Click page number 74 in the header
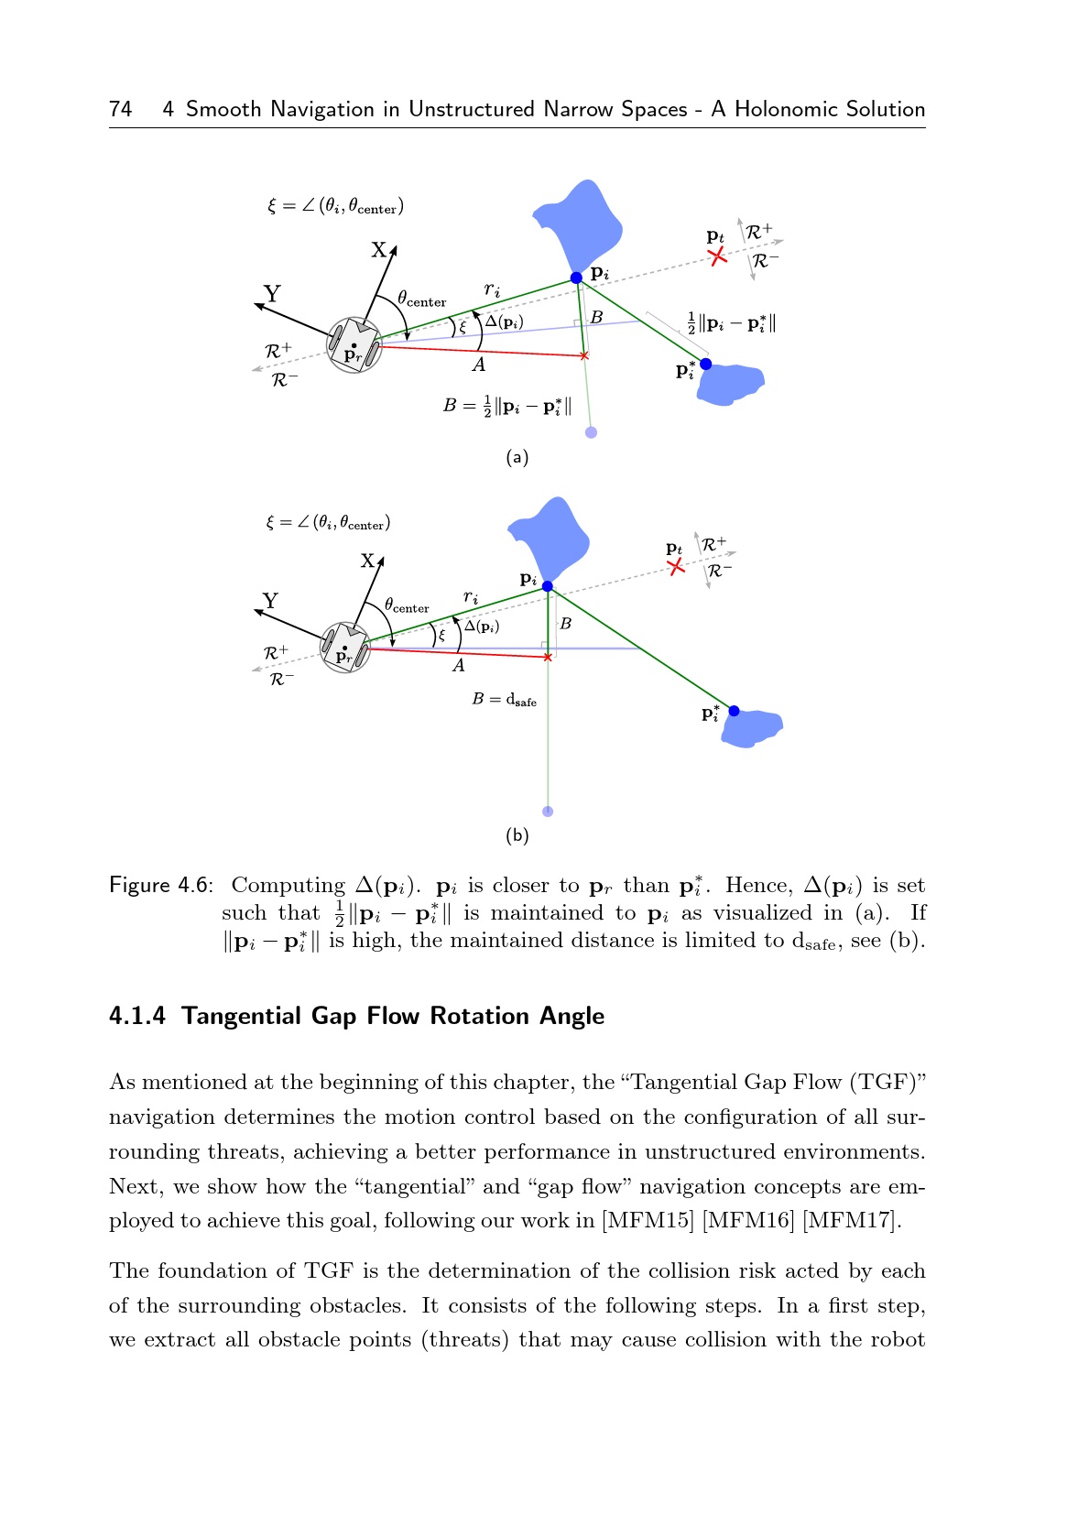(120, 110)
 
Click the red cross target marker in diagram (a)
(717, 256)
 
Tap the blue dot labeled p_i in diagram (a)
(576, 278)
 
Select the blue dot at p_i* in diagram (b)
(734, 711)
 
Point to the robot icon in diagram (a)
(354, 345)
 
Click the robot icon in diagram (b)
(345, 648)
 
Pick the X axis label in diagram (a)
(378, 250)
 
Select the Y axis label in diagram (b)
(270, 601)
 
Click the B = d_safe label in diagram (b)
(504, 700)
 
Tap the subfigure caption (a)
(517, 457)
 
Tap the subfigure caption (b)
(517, 835)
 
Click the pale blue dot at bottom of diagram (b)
(548, 812)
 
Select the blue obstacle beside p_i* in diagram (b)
(753, 727)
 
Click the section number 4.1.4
(137, 1017)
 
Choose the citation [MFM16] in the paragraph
(744, 1221)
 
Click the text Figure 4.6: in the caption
(161, 886)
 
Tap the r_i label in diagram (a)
(493, 290)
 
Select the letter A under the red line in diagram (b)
(459, 666)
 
